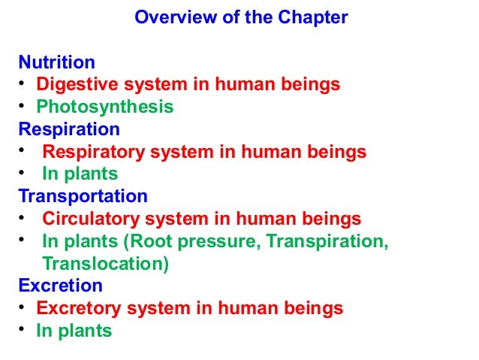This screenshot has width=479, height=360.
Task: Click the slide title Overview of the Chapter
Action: tap(240, 17)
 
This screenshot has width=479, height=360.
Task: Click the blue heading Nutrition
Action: tap(57, 62)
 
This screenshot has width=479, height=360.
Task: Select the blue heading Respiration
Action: tap(69, 129)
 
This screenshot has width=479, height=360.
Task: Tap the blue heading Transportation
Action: tap(83, 196)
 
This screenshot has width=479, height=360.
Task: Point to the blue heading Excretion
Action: tap(61, 286)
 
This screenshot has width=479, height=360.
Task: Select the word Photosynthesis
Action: tap(105, 107)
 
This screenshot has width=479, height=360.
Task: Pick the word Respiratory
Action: tap(89, 152)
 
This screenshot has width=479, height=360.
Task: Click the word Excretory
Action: tap(78, 308)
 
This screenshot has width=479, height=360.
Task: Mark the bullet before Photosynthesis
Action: tap(23, 106)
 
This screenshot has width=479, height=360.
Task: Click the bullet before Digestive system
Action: tap(23, 83)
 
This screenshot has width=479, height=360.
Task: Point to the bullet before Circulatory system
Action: tap(23, 219)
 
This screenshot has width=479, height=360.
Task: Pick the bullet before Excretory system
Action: tap(23, 307)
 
